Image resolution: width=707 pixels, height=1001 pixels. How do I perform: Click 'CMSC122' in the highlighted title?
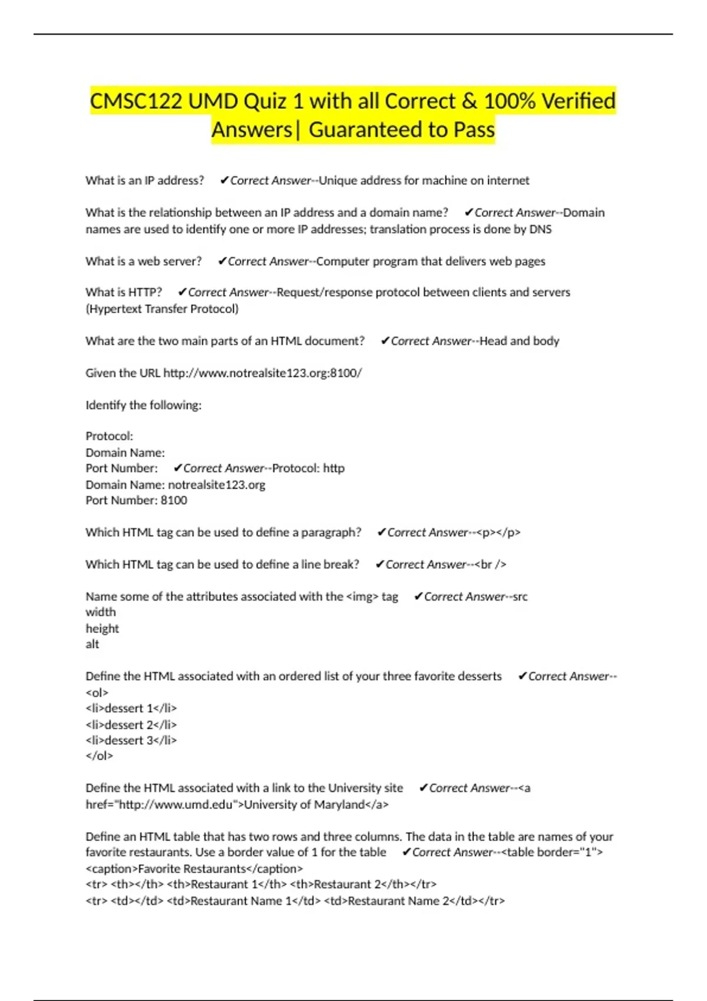point(136,101)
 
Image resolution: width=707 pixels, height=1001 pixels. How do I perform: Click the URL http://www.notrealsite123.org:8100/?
point(262,373)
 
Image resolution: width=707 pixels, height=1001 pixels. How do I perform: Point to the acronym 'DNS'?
point(540,229)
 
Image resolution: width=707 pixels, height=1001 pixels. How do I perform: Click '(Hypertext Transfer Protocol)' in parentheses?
point(162,309)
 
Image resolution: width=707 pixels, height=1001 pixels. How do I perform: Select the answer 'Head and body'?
point(519,341)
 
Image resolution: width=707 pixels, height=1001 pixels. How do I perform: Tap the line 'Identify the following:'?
point(143,405)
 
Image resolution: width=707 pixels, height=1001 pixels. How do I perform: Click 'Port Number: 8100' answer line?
point(136,501)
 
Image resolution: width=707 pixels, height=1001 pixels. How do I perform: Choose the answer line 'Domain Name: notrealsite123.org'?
point(175,485)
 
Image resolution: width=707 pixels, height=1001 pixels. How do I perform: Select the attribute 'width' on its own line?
point(101,612)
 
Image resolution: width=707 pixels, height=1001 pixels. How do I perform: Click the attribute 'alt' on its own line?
point(92,644)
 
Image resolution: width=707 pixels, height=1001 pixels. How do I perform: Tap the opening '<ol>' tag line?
point(97,692)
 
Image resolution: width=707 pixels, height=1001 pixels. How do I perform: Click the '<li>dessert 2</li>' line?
point(131,724)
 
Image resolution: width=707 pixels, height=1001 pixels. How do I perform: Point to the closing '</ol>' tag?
point(99,756)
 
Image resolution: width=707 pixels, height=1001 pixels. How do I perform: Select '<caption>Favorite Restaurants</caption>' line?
point(194,869)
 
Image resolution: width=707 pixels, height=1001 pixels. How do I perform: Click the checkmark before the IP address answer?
point(224,180)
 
